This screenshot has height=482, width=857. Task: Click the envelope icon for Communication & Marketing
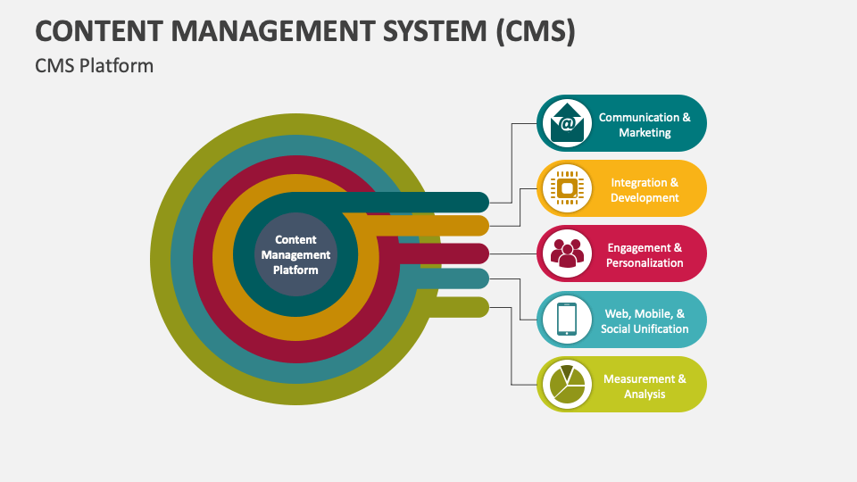click(x=567, y=123)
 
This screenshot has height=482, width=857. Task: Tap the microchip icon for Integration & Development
click(x=567, y=188)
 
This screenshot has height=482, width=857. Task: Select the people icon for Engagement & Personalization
click(x=567, y=253)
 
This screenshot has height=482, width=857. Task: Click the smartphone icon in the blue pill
click(x=567, y=320)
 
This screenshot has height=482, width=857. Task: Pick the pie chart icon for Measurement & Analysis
click(x=567, y=385)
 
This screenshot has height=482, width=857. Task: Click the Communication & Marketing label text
click(x=645, y=124)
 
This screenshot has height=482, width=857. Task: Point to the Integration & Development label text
click(x=645, y=189)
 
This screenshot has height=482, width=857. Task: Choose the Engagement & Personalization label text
click(x=645, y=254)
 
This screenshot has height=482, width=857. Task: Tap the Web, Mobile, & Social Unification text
click(x=645, y=320)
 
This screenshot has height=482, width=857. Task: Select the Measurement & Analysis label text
click(x=645, y=386)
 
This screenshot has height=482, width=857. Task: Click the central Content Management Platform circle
click(x=295, y=254)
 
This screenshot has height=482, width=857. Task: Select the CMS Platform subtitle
click(x=95, y=66)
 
